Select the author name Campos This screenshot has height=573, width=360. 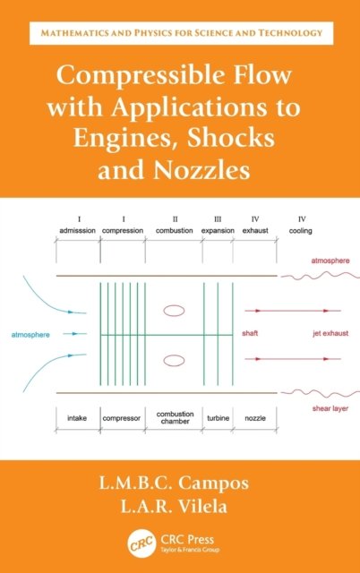point(213,483)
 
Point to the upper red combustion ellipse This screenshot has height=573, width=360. point(174,311)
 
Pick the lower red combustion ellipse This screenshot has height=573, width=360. point(174,360)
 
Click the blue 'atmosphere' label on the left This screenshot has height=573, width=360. point(30,335)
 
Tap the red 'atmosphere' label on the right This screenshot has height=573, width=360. point(330,261)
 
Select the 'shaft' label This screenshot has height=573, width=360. point(250,333)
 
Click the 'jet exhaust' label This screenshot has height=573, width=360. point(330,333)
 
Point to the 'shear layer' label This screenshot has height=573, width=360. point(330,408)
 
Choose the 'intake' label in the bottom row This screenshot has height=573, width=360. point(77,418)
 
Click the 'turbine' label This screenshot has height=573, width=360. point(219,418)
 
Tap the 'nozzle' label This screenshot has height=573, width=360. point(255,418)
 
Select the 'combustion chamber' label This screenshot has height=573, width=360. point(175,418)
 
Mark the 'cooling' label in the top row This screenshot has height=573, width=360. point(300,231)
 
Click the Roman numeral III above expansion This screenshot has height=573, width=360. point(218,219)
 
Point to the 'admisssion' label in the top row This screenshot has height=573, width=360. point(78,231)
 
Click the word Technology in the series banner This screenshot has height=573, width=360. point(290,33)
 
